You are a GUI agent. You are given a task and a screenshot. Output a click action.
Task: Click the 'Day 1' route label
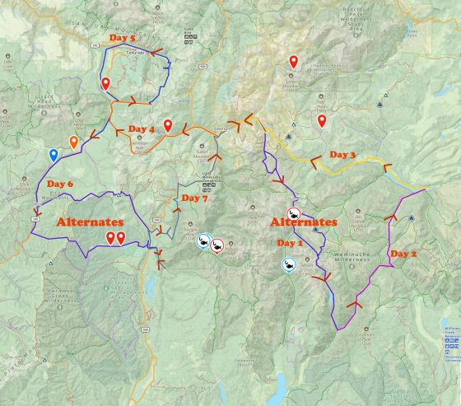[290, 244]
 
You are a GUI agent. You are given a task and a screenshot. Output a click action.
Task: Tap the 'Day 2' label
[403, 253]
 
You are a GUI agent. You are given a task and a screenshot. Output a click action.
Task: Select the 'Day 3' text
[342, 154]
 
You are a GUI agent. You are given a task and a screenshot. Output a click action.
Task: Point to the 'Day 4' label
[141, 129]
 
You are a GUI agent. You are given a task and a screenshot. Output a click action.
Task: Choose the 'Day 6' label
[60, 183]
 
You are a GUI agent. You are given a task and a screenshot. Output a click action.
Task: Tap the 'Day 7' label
[194, 198]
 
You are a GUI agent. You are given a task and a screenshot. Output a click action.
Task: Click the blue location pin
[54, 154]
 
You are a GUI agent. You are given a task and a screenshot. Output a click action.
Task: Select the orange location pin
[74, 142]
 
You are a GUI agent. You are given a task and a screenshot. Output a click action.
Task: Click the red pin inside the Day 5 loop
[105, 83]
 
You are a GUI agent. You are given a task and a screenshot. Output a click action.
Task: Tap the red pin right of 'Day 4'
[168, 125]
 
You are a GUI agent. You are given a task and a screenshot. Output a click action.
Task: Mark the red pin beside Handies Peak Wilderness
[293, 61]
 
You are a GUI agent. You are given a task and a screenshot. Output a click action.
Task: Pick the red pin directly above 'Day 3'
[322, 121]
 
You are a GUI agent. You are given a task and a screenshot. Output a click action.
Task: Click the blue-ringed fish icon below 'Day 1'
[288, 266]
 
